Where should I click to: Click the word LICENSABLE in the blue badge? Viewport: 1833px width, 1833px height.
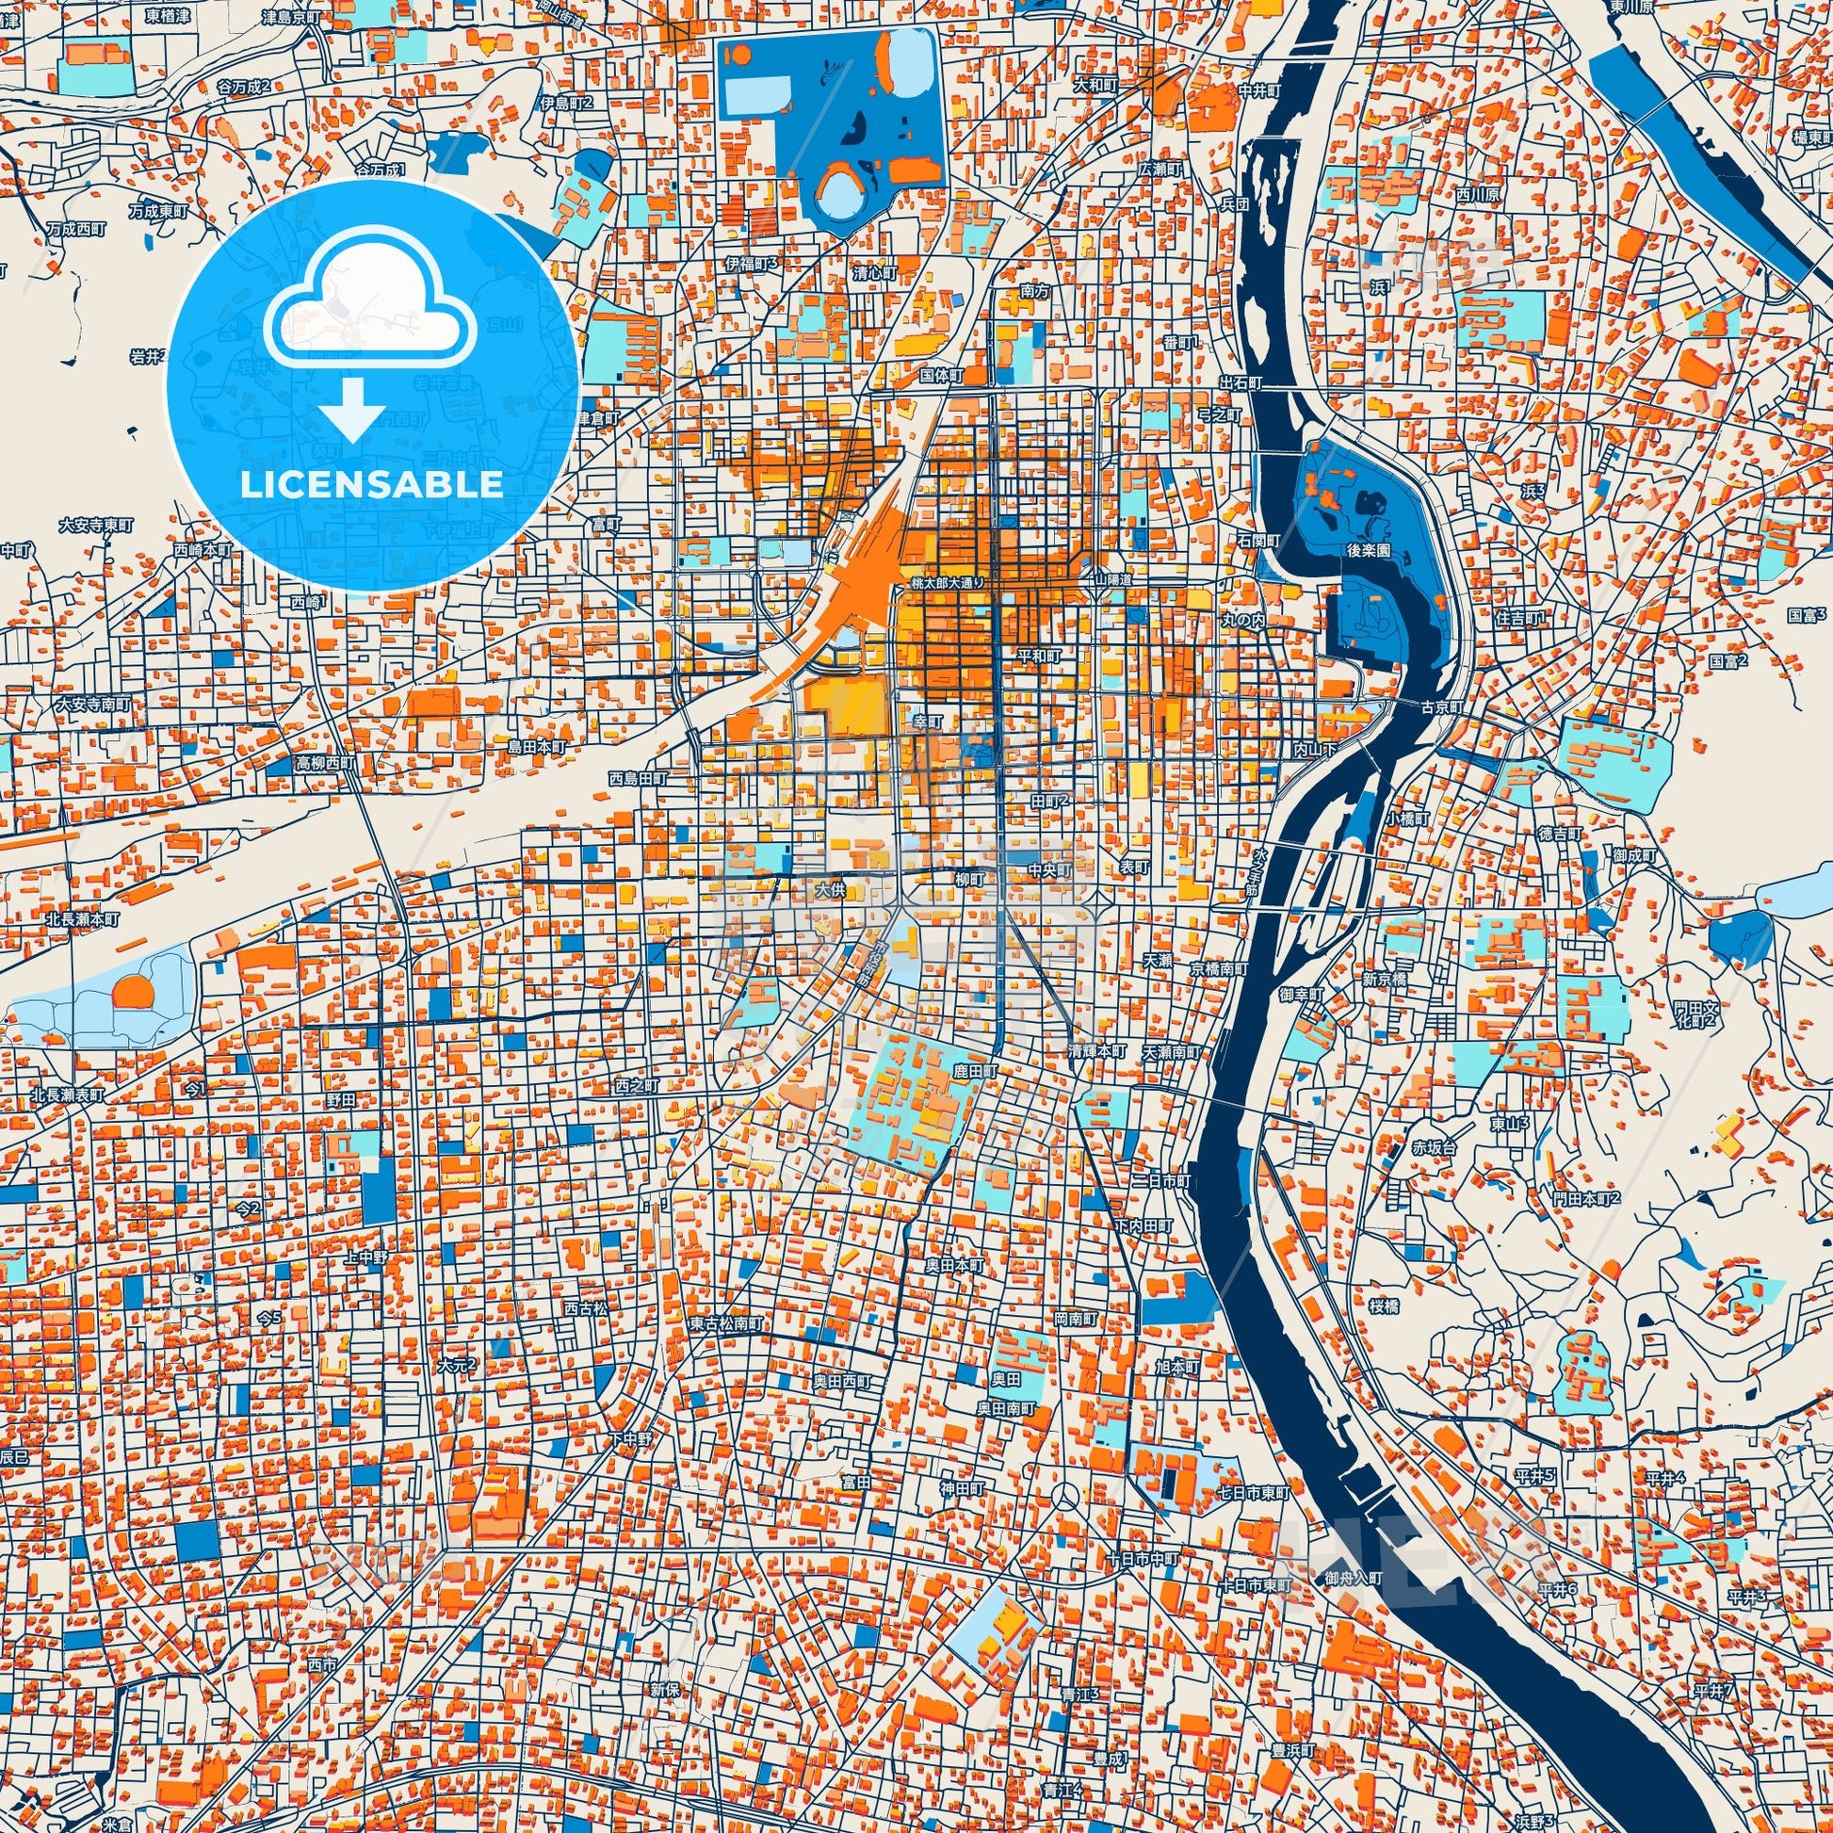[x=371, y=485]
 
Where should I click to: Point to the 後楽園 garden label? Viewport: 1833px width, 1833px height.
[x=1368, y=550]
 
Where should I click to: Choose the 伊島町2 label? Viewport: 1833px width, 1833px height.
[x=565, y=103]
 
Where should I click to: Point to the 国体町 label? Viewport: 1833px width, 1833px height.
[x=941, y=376]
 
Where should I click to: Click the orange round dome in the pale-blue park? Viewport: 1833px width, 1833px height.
[x=133, y=993]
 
